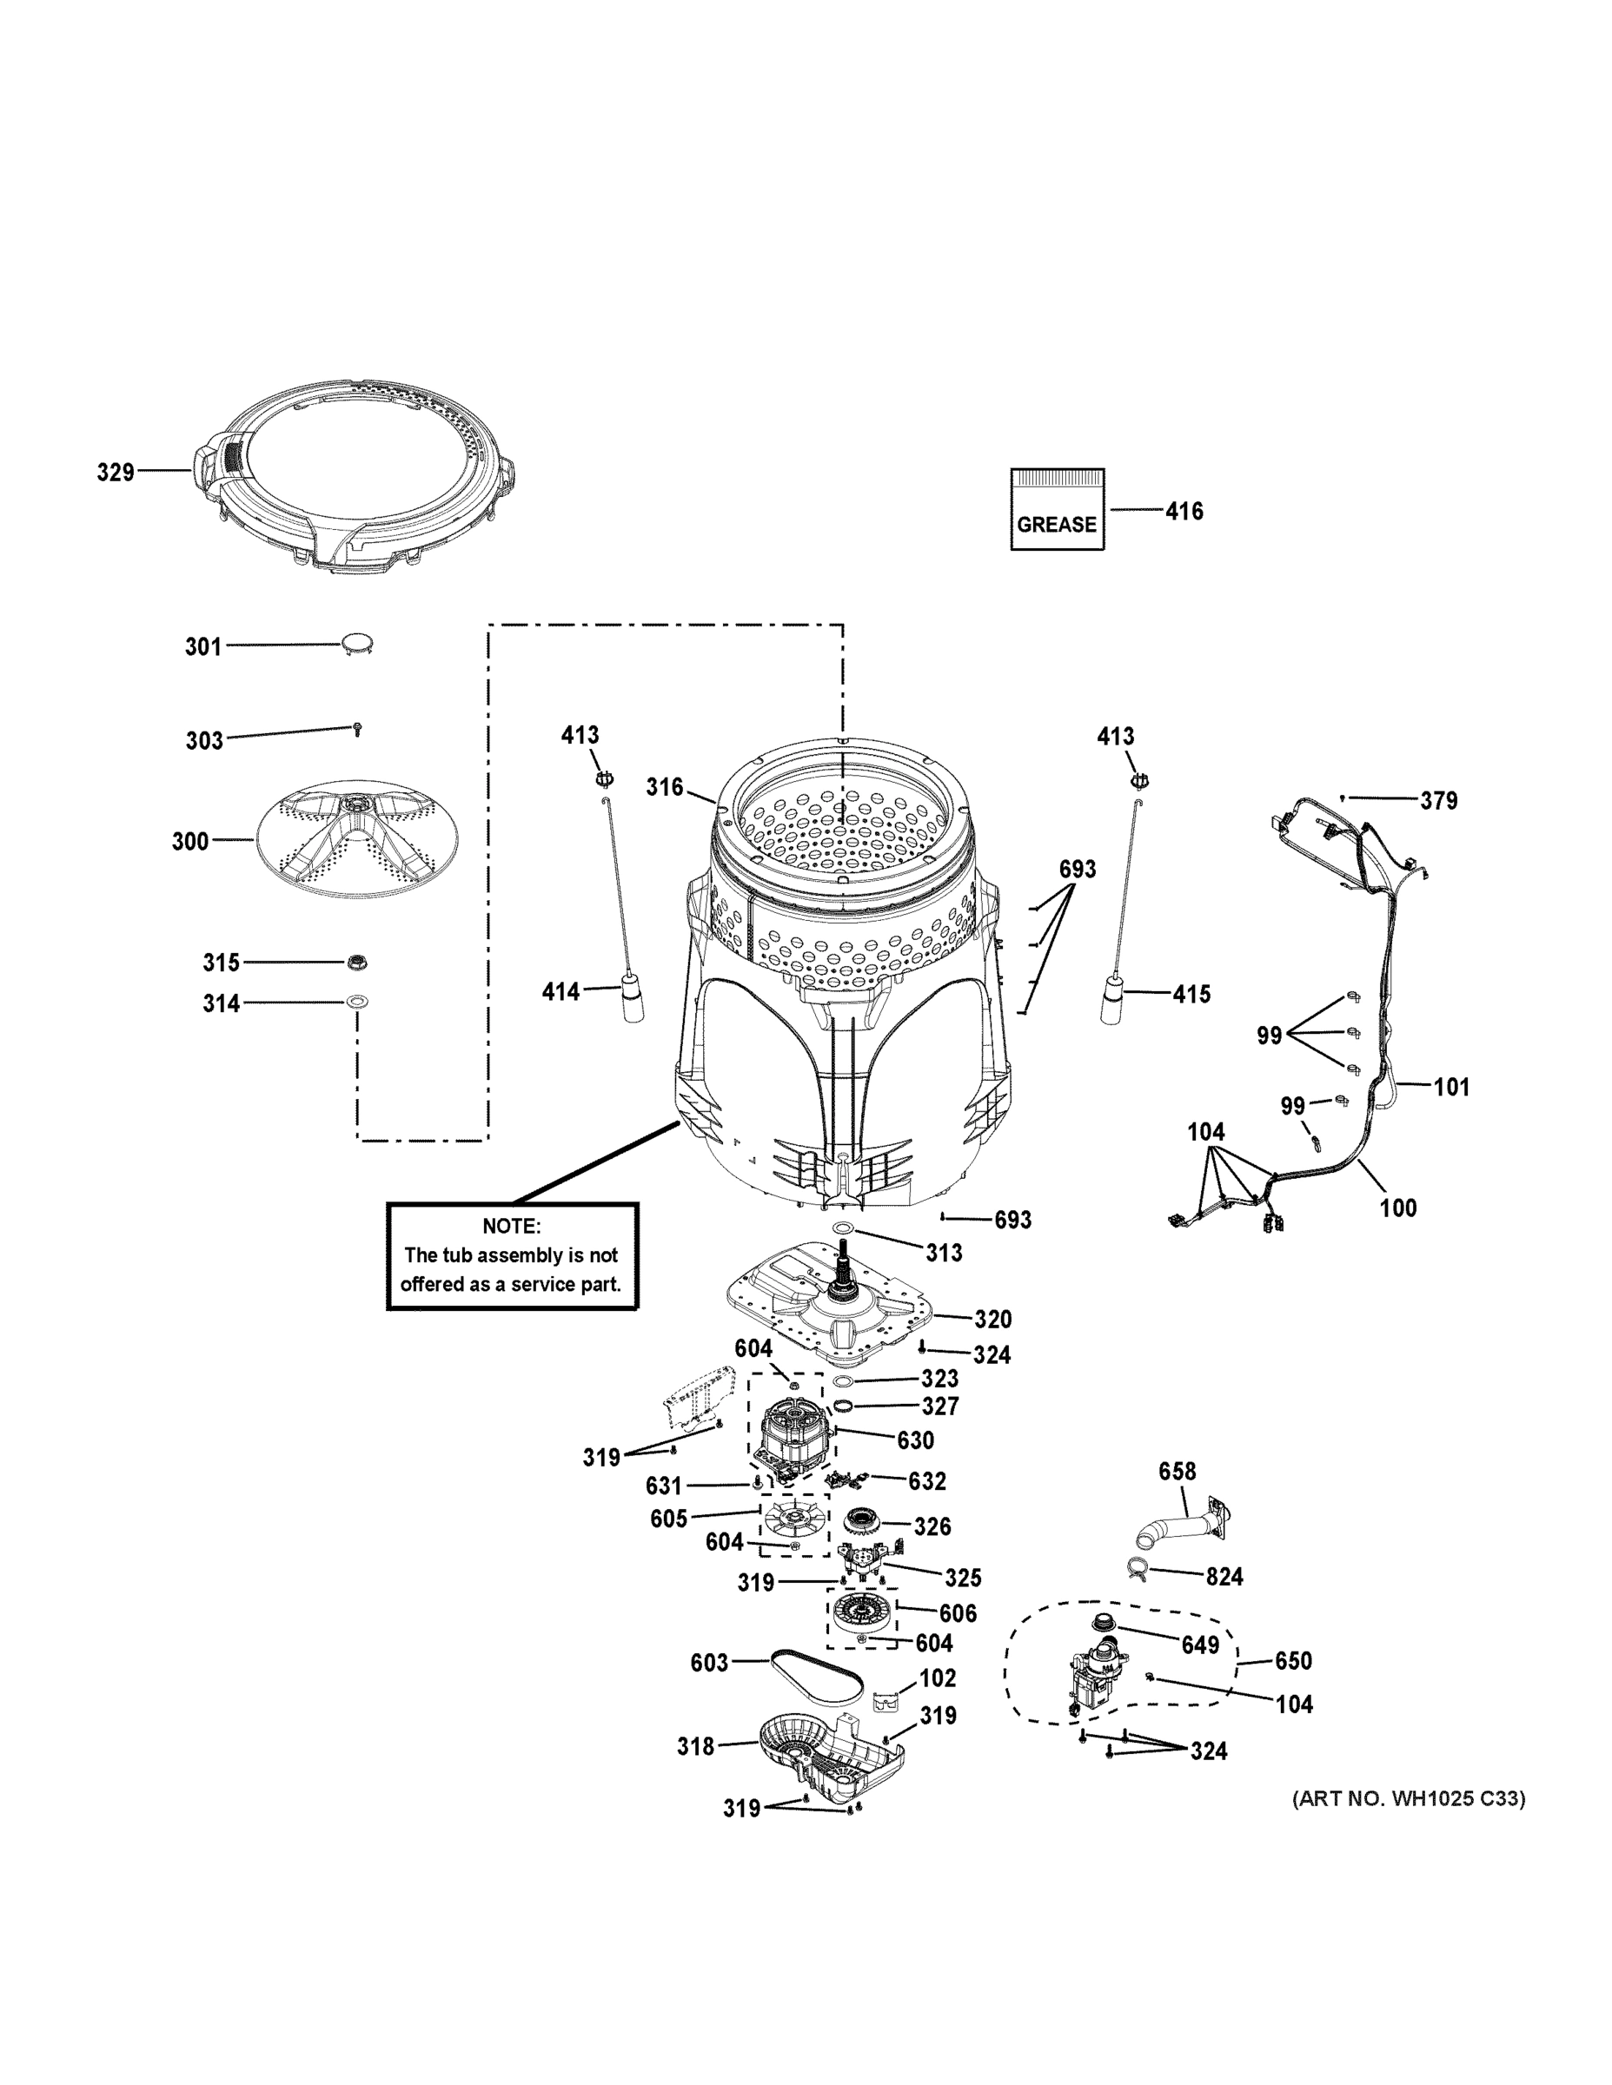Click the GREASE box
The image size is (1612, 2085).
point(1058,509)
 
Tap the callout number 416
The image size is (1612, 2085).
point(1184,512)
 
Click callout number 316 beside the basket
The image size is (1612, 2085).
point(665,786)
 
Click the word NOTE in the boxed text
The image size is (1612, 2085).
point(511,1226)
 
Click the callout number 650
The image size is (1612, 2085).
point(1293,1661)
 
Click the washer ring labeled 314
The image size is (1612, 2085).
point(357,1003)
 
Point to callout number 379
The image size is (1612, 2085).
point(1438,801)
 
